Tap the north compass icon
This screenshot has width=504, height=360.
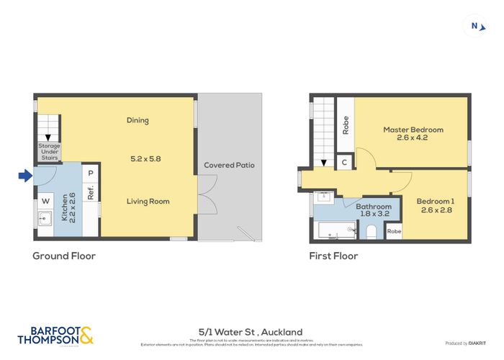coord(476,27)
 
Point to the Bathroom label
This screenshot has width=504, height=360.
coord(374,210)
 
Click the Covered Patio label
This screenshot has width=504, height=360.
coord(229,165)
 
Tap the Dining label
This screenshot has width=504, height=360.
coord(137,120)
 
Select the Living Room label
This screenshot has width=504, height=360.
coord(148,201)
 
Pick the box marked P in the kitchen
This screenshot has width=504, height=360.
coord(91,173)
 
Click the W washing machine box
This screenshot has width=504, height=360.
coord(45,200)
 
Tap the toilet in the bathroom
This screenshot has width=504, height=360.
coord(371,230)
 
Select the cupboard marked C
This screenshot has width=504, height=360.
coord(345,163)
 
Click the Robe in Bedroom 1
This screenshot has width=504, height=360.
coord(394,231)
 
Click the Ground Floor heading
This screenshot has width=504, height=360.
coord(64,256)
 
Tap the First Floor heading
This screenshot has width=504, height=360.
coord(333,256)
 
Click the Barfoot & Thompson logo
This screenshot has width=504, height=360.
coord(55,335)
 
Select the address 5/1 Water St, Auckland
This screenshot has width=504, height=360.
coord(251,332)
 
